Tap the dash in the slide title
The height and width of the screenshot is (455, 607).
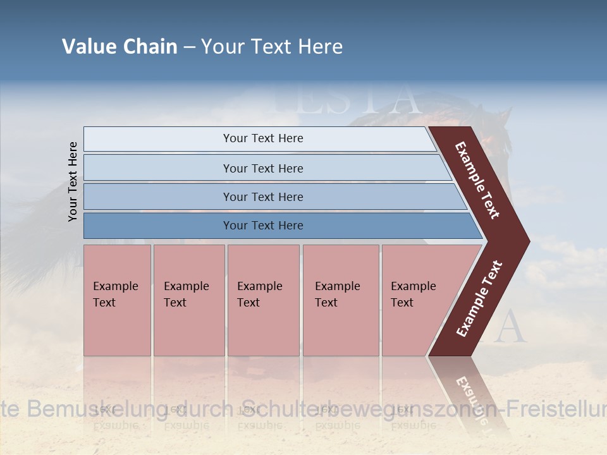coord(189,47)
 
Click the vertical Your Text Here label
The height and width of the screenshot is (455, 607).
coord(73,181)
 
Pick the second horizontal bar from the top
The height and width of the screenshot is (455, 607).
coord(262,168)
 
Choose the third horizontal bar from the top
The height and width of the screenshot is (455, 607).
coord(262,197)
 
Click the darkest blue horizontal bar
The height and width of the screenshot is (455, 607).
coord(262,226)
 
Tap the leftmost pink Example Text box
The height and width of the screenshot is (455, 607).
coord(117,300)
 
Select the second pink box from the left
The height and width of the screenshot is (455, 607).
coord(188,300)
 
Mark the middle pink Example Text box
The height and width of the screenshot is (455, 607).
coord(263,300)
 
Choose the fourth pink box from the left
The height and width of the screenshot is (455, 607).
coord(340,300)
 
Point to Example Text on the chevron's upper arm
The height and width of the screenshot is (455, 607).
coord(478,180)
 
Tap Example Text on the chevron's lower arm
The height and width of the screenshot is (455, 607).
coord(479,298)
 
